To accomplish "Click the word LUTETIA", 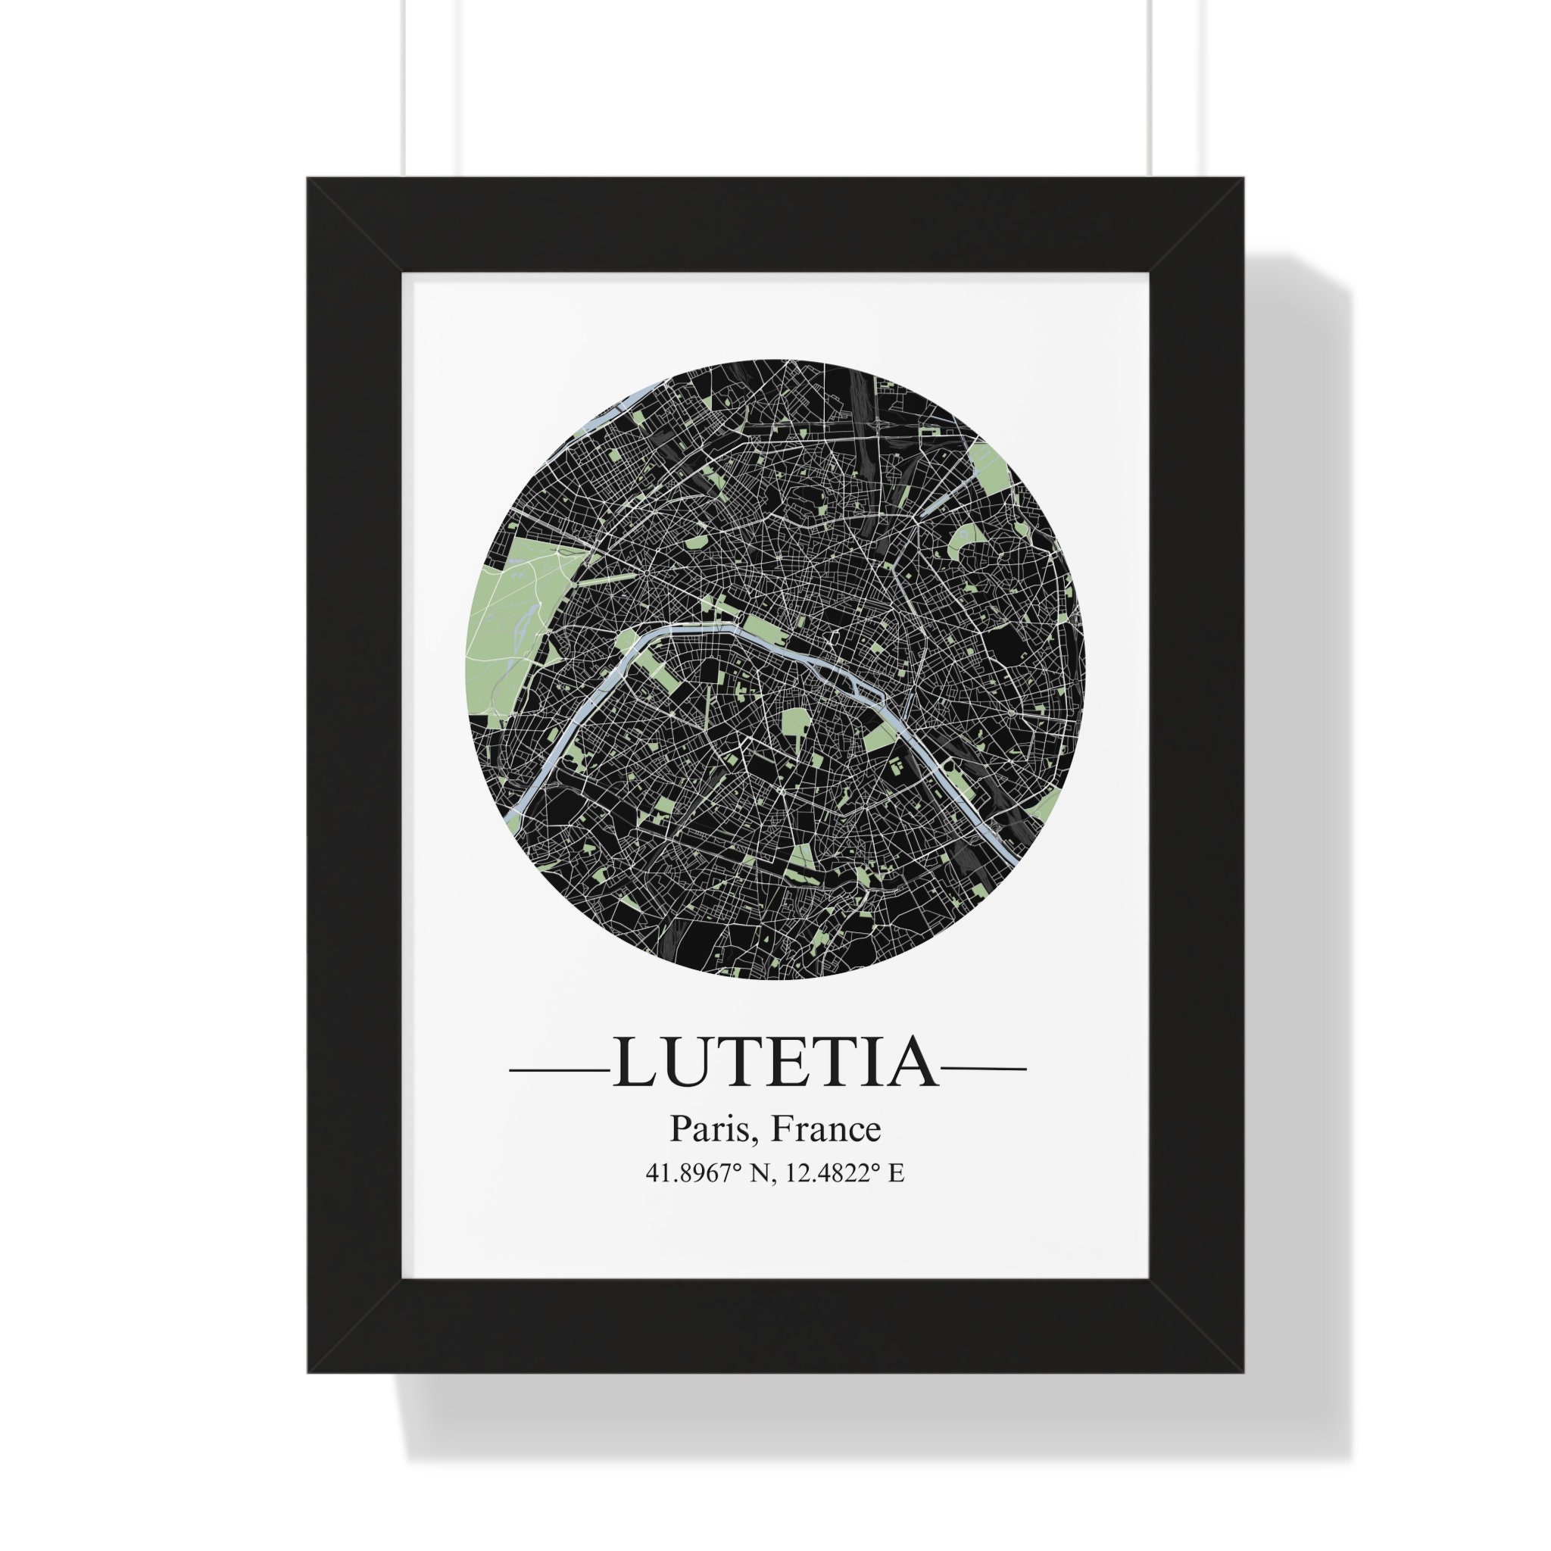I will click(775, 1064).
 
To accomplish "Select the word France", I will click(825, 1128).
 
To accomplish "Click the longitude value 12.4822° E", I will click(844, 1173).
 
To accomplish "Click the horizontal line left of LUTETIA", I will click(560, 1069).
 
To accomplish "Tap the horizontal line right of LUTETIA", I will click(984, 1069).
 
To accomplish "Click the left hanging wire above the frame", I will click(404, 89).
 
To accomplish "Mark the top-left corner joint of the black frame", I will click(355, 226).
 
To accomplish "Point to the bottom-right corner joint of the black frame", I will click(1196, 1325).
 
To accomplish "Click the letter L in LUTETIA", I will click(635, 1064).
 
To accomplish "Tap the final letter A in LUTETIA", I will click(913, 1064).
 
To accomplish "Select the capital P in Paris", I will click(680, 1128).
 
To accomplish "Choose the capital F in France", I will click(780, 1128).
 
